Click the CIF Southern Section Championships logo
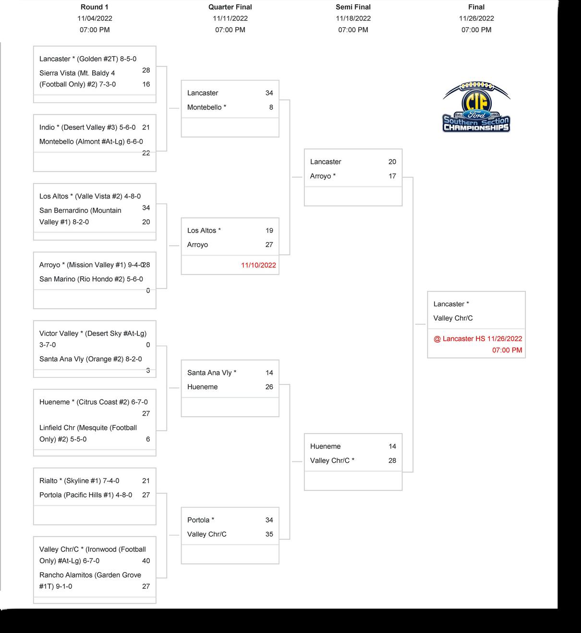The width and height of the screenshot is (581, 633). [476, 108]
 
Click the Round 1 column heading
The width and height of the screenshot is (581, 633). [95, 7]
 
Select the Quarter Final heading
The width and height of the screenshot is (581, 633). [230, 7]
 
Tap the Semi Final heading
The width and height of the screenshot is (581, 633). [353, 7]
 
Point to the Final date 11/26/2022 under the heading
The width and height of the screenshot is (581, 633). [476, 18]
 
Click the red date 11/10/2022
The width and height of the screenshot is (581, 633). [258, 265]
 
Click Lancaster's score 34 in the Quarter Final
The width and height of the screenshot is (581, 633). [269, 93]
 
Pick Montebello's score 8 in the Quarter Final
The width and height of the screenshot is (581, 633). [271, 108]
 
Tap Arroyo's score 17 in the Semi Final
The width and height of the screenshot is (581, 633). [392, 176]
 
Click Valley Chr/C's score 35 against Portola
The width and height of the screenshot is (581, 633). [269, 534]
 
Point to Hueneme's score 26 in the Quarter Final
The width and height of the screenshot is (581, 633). [269, 387]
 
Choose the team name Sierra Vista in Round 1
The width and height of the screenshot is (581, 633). [57, 74]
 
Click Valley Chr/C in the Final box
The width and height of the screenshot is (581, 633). [453, 318]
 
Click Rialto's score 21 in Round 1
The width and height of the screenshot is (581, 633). [146, 481]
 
